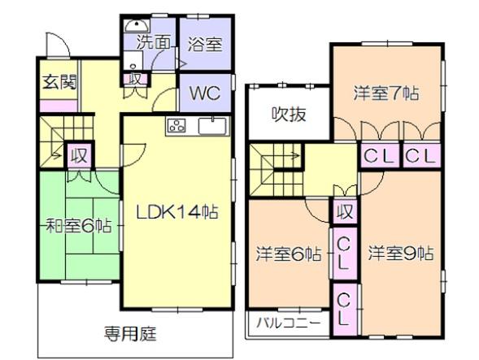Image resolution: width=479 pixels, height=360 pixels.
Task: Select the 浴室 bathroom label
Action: tap(204, 45)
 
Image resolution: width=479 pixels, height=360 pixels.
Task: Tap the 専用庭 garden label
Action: tap(130, 332)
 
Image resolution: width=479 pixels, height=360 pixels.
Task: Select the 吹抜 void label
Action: tap(288, 114)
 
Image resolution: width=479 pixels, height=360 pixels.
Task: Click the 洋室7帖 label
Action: tap(386, 92)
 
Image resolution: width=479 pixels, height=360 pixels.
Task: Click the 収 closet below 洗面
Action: tap(136, 79)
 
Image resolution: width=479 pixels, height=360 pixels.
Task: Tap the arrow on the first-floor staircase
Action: tap(57, 150)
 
